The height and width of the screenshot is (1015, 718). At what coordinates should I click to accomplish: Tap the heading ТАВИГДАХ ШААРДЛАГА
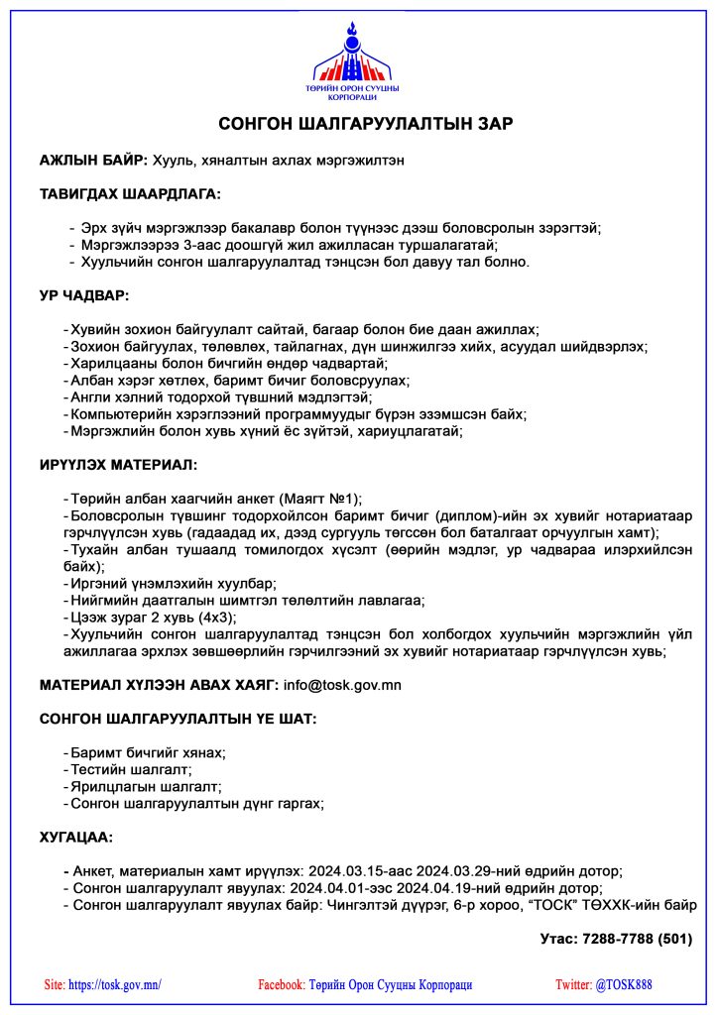click(x=130, y=193)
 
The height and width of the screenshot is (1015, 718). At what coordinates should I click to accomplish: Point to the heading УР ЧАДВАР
click(x=84, y=295)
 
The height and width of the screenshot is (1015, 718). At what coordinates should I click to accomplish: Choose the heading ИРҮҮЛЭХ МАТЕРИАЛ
click(x=118, y=464)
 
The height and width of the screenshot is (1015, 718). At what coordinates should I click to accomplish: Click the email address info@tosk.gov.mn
click(x=343, y=684)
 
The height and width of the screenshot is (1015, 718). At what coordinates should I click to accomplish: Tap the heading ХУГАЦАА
click(x=76, y=837)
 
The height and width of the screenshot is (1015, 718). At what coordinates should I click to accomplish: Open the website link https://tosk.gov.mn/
click(x=115, y=984)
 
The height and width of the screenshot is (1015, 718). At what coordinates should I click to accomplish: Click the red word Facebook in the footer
click(x=281, y=984)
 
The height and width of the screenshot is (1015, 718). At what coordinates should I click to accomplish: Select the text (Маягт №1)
click(x=322, y=499)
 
